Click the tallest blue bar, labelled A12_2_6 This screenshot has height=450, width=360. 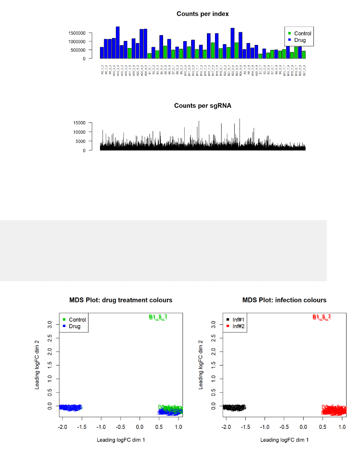click(x=118, y=43)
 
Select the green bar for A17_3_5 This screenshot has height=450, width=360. click(x=130, y=53)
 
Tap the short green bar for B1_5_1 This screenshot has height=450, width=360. click(x=149, y=56)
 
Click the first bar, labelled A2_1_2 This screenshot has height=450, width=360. click(x=102, y=53)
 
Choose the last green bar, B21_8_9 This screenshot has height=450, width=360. click(x=304, y=55)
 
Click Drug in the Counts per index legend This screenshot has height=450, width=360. click(x=300, y=40)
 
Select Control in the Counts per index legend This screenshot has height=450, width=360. click(x=303, y=33)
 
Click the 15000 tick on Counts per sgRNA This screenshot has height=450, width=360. click(x=80, y=123)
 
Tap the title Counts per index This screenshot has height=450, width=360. click(x=203, y=14)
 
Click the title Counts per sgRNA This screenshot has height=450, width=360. click(x=203, y=106)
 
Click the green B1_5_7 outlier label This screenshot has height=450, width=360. click(x=158, y=317)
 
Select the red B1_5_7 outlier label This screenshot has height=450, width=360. click(x=322, y=317)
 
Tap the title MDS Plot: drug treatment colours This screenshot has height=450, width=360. click(x=121, y=300)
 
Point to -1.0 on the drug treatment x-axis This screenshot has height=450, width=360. click(x=101, y=427)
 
